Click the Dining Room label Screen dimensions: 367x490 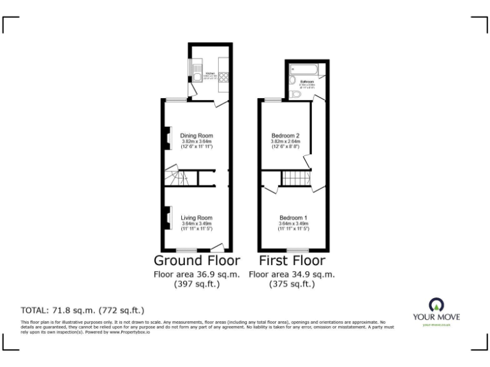[x=196, y=136]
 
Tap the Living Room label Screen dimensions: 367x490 [x=196, y=218]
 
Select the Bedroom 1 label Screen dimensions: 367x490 [x=293, y=218]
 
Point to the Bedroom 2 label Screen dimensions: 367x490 [x=285, y=136]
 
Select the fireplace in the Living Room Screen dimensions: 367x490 [x=168, y=218]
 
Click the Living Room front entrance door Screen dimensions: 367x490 [x=218, y=247]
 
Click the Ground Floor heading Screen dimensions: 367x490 [x=197, y=261]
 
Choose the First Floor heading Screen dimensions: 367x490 [x=292, y=261]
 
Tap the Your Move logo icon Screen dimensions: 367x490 [x=436, y=304]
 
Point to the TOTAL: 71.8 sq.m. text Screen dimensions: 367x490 [x=82, y=310]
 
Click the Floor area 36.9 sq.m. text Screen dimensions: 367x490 [x=197, y=275]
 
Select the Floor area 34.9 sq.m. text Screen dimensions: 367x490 [x=292, y=275]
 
